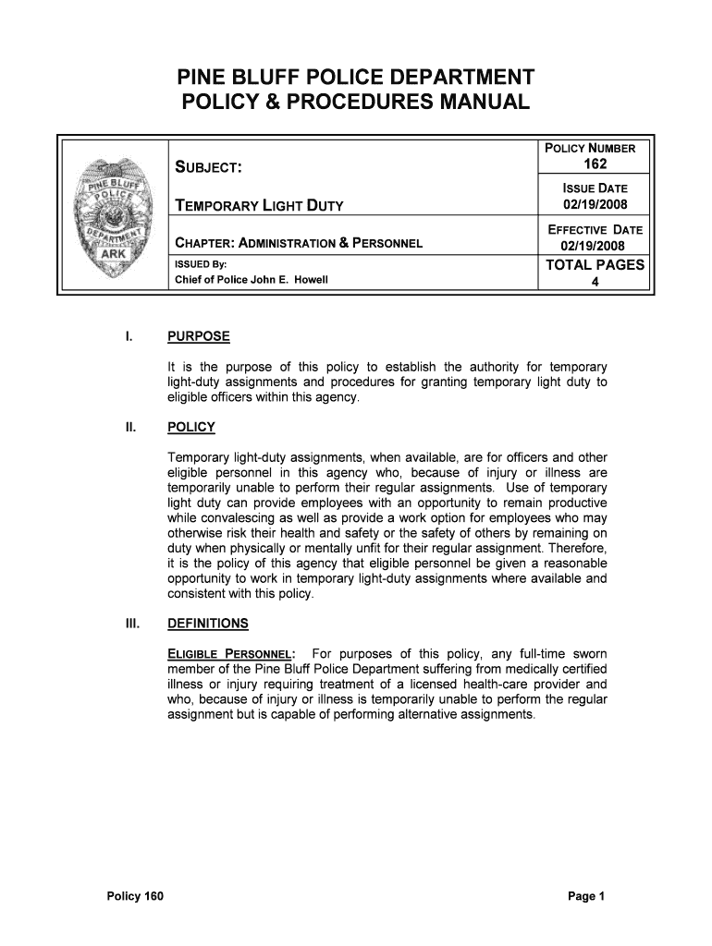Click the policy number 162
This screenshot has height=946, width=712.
point(595,164)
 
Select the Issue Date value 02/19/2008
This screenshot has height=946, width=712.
point(595,204)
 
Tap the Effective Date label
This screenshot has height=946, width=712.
point(595,230)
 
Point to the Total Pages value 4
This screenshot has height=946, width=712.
point(595,283)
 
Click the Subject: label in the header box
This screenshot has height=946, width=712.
point(209,167)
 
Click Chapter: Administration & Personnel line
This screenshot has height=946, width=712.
point(299,244)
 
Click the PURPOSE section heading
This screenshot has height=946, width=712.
point(198,336)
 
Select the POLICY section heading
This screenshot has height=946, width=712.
point(190,427)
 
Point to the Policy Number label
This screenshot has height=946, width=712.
point(595,149)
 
